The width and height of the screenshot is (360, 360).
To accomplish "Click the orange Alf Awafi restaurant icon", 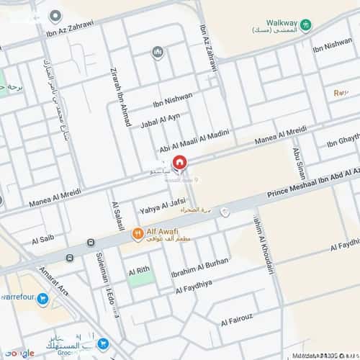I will coord(137,233).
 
